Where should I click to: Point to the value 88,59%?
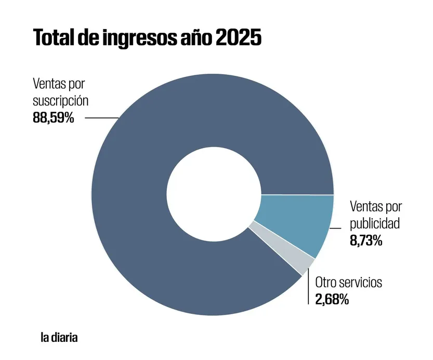pos(54,117)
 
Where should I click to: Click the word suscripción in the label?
pos(60,100)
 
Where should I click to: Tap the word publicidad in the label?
pos(374,223)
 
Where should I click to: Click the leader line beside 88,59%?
pos(101,118)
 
